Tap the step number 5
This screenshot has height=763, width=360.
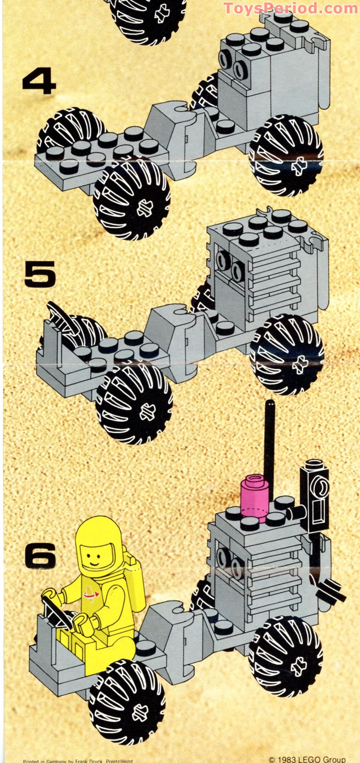coord(40,273)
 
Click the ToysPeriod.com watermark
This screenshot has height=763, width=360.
coord(291,8)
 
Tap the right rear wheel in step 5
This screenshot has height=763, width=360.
coord(286,354)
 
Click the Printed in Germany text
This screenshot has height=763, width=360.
coord(78,761)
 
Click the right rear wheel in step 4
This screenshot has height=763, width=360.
coord(286,156)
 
